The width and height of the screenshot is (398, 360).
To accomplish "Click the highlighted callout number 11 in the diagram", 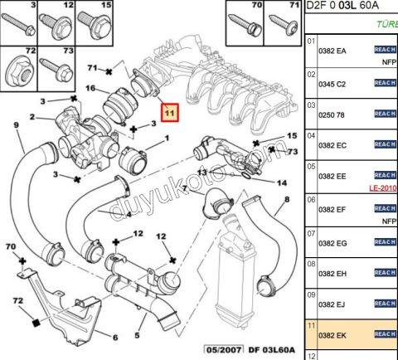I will (170, 113).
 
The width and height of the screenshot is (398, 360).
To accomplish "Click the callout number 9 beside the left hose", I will (15, 125).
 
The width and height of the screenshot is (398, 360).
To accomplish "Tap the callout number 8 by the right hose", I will (287, 201).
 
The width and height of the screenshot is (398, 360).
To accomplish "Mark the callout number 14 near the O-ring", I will (281, 182).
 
